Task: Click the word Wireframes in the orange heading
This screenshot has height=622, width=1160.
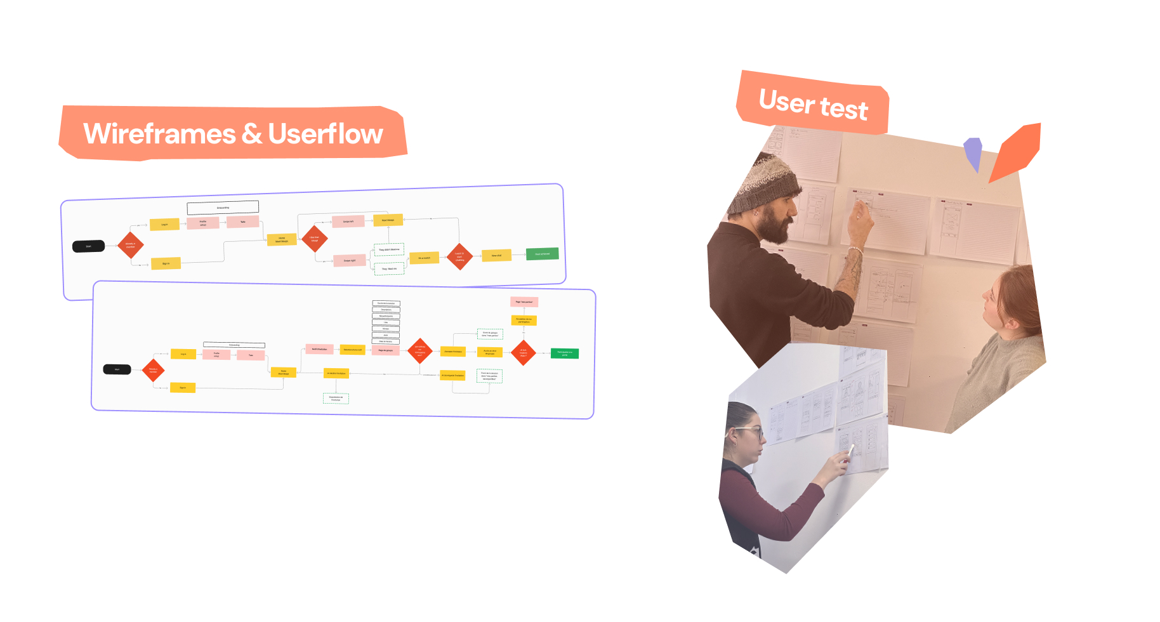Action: [x=159, y=134]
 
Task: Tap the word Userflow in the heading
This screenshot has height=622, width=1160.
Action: [x=326, y=134]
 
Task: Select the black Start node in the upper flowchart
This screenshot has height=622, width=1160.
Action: [x=88, y=246]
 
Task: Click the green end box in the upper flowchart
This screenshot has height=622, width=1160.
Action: [x=542, y=254]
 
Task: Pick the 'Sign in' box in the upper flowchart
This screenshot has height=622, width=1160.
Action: [x=166, y=263]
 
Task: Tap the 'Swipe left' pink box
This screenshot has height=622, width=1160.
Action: [x=348, y=222]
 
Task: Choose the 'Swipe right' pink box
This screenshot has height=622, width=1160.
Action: [x=349, y=260]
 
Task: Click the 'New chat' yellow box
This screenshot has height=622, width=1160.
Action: [x=496, y=256]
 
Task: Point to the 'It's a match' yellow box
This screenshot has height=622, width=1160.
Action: [x=424, y=258]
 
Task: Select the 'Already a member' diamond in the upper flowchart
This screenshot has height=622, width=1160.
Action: [x=131, y=245]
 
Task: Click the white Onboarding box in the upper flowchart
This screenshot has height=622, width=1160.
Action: [x=223, y=208]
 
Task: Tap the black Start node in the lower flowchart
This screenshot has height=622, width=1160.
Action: [x=117, y=369]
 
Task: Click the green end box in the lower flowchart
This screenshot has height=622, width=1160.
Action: [x=564, y=354]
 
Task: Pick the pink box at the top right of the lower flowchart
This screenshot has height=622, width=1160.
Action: [x=524, y=302]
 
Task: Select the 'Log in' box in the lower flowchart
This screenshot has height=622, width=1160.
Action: [x=183, y=354]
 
